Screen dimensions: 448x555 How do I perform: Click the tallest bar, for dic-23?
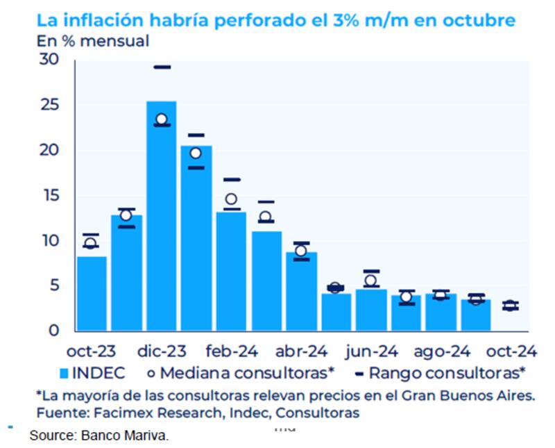(161, 215)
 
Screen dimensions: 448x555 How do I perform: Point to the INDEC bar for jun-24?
(370, 309)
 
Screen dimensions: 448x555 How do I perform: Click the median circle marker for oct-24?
(510, 306)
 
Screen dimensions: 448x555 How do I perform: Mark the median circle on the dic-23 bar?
(162, 119)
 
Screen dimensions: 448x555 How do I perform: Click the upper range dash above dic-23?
(162, 67)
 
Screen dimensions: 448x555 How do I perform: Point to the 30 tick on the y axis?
(48, 60)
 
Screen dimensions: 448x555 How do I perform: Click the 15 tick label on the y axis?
(48, 196)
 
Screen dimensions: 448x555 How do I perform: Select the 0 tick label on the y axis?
(53, 331)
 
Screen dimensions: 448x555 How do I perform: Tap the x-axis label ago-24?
(441, 351)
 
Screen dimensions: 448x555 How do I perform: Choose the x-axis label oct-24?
(510, 351)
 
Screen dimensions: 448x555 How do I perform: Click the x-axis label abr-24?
(301, 351)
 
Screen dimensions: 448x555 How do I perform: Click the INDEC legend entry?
(93, 372)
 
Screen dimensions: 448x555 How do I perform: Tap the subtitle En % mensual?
(92, 40)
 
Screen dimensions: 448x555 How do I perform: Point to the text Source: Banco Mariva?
(99, 436)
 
